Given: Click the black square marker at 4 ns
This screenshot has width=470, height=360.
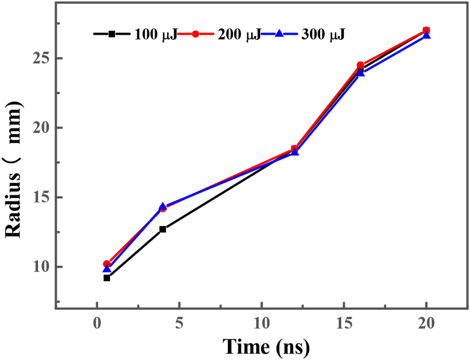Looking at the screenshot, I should click(163, 229).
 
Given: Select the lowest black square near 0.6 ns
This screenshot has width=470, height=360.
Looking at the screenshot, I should click(107, 278).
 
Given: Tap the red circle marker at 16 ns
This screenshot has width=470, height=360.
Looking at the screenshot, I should click(360, 65).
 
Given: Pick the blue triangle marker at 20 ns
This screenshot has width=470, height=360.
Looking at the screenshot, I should click(427, 35).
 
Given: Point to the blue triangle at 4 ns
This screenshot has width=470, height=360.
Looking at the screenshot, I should click(163, 207).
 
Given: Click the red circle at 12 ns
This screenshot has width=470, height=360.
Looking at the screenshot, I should click(294, 149).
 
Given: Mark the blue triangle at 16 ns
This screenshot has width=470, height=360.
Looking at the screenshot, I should click(360, 73).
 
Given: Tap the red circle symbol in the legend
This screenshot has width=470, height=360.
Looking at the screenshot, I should click(195, 34).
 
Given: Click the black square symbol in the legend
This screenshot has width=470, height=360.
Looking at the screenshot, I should click(112, 34).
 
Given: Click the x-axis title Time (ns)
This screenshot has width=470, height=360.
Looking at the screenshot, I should click(267, 345).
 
